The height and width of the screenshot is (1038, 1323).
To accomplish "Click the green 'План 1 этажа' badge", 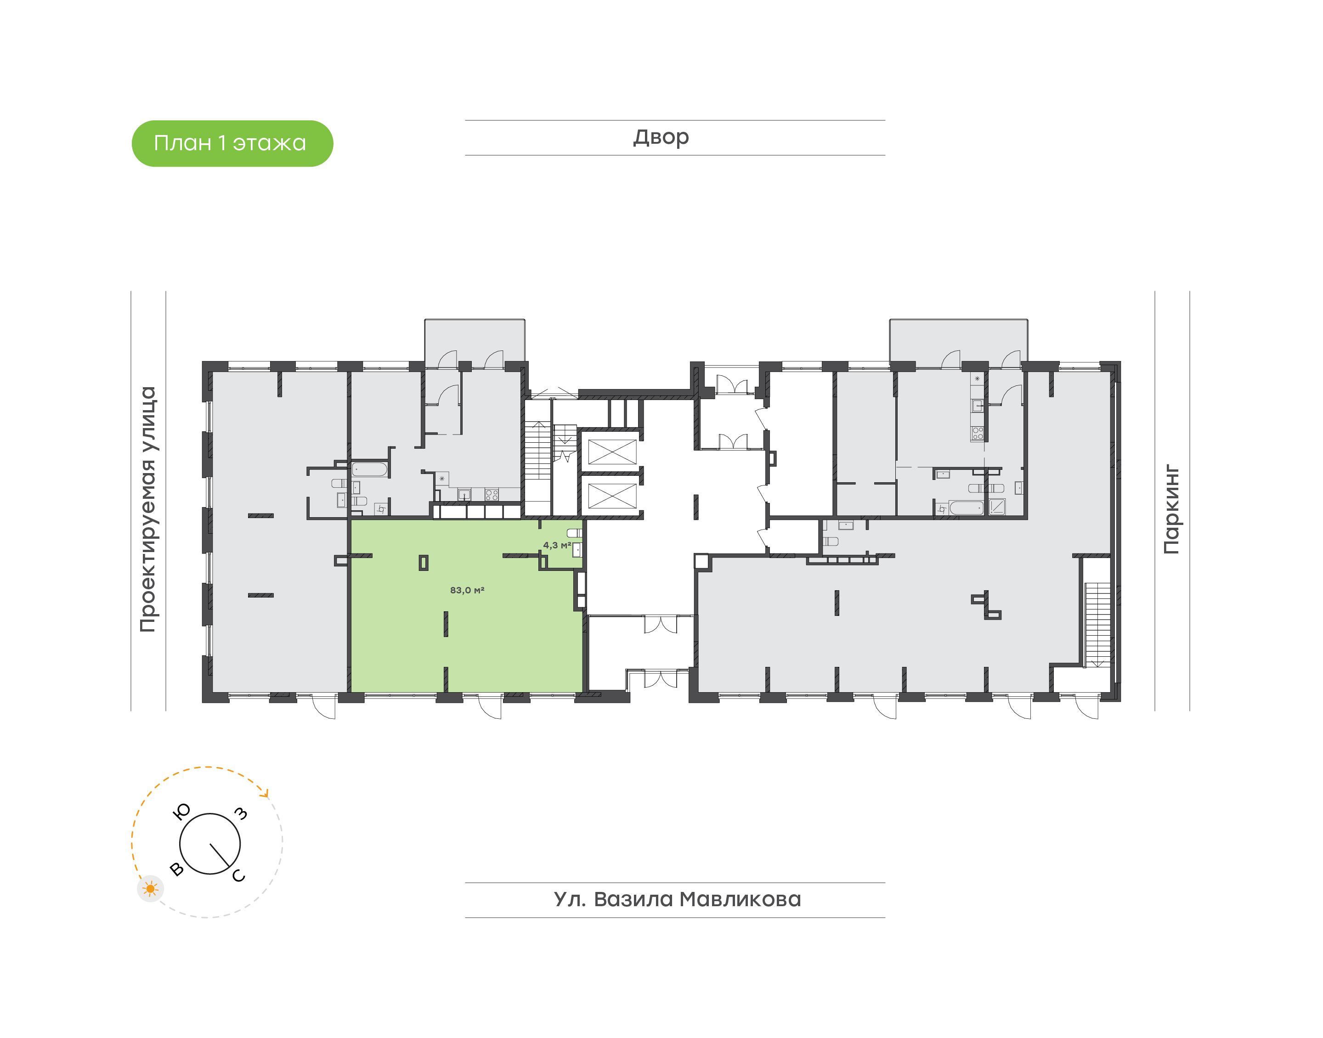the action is (232, 143).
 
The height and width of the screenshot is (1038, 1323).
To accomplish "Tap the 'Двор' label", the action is (661, 137).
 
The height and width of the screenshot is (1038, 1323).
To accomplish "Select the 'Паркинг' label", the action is (1171, 509).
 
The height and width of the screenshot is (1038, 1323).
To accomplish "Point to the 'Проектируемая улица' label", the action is (147, 509).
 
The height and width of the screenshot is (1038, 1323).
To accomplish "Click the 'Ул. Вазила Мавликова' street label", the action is (677, 899).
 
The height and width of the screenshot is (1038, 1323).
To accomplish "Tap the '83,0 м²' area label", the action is (467, 590).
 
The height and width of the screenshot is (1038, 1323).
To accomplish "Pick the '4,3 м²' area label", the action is (557, 545).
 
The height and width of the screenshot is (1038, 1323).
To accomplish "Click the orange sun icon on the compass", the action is (150, 889).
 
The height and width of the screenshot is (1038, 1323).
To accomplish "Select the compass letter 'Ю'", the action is (182, 811).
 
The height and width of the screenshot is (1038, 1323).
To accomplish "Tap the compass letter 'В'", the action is (177, 869).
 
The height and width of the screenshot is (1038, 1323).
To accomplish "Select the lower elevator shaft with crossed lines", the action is (612, 496).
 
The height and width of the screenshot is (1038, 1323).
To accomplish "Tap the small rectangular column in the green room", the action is (424, 563).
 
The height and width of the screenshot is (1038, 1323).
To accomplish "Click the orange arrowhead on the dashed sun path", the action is (264, 792).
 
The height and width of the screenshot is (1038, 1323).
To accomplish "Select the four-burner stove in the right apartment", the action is (977, 433).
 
